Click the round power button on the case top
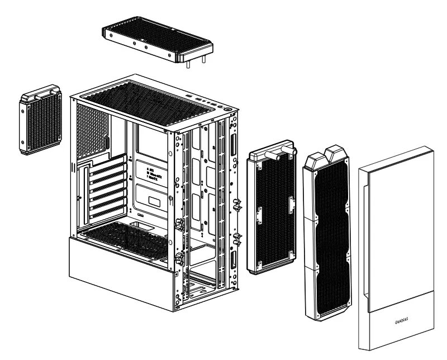click(229, 108)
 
